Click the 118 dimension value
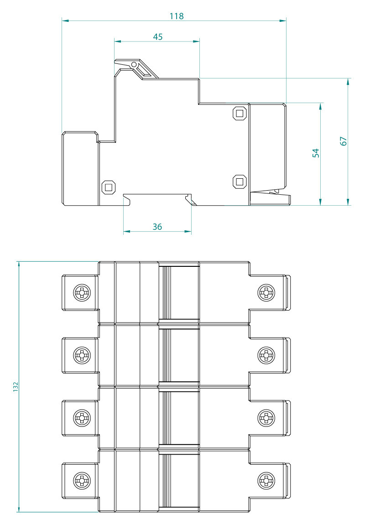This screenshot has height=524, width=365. coord(177,16)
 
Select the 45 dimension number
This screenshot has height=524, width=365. coord(157,37)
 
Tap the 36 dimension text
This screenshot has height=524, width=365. coord(157,227)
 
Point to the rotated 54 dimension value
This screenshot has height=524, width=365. coord(316,153)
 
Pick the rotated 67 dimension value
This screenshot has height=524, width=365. coord(344,141)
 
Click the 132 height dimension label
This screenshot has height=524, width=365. coord(15,387)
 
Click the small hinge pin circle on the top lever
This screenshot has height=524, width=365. coord(134,65)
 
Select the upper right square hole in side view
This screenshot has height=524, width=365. coord(239,113)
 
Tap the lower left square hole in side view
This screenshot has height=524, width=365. coord(108,187)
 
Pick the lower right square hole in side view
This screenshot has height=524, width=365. coord(239,182)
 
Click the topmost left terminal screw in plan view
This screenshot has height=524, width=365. coord(82,292)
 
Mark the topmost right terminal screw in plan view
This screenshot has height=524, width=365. coord(266,292)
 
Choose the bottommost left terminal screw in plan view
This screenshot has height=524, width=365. coord(82,480)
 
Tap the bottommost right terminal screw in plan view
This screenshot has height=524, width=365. coord(266,480)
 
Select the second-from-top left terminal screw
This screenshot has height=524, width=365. coord(82,354)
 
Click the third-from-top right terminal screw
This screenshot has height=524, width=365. coord(266,417)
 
